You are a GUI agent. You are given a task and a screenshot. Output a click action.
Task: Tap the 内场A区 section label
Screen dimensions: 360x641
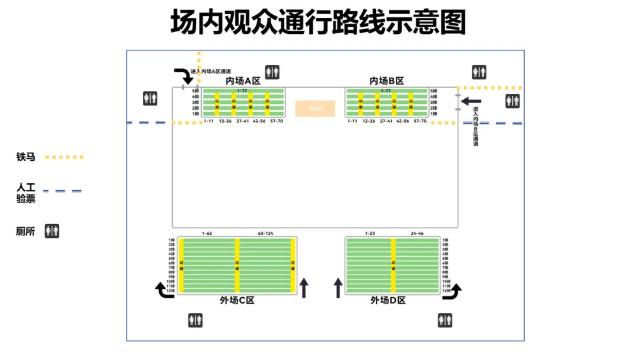243,81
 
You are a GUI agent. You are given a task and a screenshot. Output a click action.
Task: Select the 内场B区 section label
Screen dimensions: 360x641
386,81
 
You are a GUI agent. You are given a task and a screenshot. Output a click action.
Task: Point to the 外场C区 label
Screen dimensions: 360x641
237,301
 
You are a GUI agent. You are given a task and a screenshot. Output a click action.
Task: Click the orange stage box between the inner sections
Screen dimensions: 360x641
315,109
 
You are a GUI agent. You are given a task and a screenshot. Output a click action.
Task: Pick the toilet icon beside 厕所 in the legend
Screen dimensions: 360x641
52,231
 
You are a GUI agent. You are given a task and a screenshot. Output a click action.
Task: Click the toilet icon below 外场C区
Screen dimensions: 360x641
195,320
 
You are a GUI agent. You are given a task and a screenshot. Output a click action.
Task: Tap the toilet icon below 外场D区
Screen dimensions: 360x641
445,320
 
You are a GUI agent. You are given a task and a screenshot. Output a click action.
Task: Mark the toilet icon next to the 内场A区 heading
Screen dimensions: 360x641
272,72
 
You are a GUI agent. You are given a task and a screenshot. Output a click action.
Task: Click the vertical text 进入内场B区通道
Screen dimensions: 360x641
475,126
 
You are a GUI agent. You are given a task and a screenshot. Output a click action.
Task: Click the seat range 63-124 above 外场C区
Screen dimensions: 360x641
265,233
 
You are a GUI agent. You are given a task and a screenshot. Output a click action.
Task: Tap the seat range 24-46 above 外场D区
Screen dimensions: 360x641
417,233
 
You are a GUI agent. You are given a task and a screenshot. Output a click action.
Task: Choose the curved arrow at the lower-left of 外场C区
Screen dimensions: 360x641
162,290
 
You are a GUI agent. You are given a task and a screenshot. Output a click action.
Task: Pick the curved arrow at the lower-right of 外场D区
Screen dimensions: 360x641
455,290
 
